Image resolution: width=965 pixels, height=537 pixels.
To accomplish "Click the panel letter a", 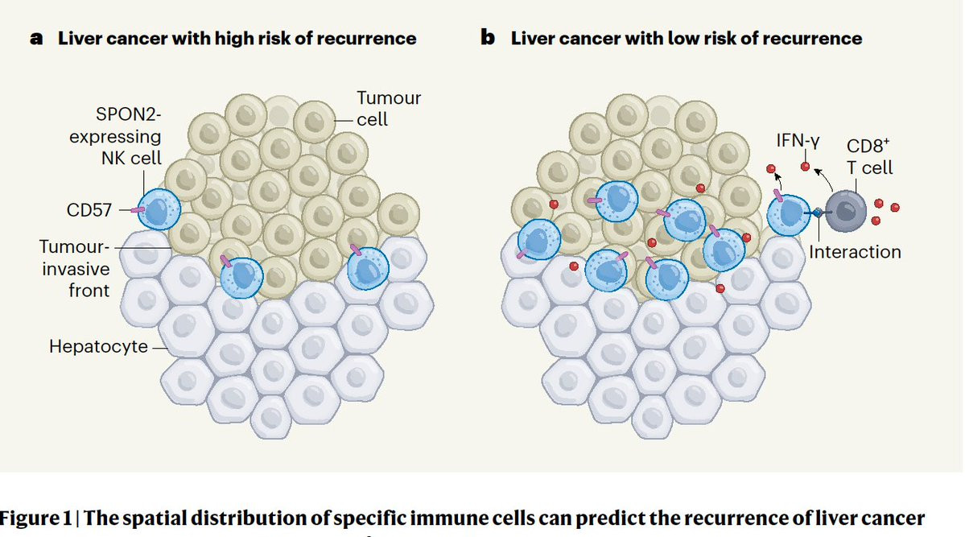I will [x=36, y=39].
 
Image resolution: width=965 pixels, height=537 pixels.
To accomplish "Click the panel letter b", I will [x=488, y=38].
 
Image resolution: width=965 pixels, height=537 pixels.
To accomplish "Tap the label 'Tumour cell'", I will [x=389, y=109].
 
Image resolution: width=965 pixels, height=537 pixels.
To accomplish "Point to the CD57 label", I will [x=90, y=211].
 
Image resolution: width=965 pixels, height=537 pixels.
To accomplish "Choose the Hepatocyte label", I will [x=98, y=348].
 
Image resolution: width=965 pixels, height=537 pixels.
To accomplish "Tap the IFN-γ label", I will [x=799, y=142].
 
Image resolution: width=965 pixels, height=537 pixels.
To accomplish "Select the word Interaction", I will [x=855, y=252].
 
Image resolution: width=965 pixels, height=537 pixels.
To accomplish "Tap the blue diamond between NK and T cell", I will [x=818, y=213].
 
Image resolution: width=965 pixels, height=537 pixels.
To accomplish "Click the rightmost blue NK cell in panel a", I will [x=368, y=269].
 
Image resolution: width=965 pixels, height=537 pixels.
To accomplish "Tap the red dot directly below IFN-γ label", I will [x=806, y=166].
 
